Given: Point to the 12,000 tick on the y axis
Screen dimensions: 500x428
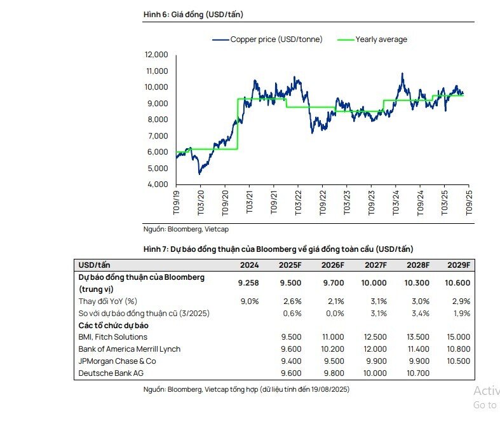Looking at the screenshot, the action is tap(156, 55).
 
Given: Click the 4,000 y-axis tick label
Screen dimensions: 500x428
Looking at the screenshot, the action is tap(158, 184).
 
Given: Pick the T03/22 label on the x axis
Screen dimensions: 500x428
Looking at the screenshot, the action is tap(298, 203).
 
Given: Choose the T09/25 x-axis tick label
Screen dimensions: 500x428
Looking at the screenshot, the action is tap(469, 203).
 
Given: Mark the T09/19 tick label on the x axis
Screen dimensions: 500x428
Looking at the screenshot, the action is tap(177, 203).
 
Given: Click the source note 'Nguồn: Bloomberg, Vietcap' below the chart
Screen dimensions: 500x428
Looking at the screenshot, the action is tap(186, 229).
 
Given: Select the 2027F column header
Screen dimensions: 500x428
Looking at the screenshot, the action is tap(375, 265).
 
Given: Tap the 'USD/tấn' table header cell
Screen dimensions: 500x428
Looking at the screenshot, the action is tap(94, 265).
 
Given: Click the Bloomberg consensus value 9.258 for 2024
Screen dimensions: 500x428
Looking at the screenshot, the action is tap(248, 283).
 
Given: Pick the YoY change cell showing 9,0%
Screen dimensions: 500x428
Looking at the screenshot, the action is tap(250, 301).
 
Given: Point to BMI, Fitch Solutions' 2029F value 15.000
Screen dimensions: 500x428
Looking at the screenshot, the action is tap(459, 337).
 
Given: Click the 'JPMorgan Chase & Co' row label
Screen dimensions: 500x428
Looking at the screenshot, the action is tap(117, 361).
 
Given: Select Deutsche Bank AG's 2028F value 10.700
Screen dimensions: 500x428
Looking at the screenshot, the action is tap(418, 373).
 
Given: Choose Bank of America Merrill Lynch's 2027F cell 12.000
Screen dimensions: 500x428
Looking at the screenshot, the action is tap(375, 349).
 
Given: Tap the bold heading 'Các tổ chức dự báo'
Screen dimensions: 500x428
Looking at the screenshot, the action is tap(113, 326).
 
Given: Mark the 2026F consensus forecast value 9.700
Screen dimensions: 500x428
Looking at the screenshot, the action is tap(334, 283).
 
